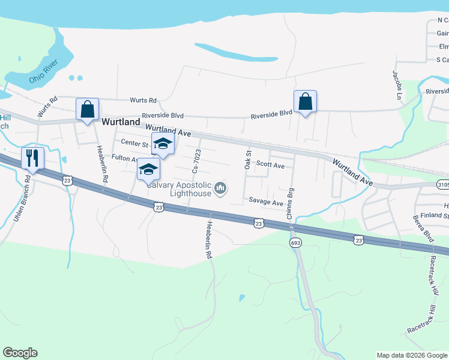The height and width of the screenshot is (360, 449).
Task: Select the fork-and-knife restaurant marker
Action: (31, 159)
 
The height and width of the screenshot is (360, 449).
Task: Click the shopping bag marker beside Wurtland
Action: (88, 110)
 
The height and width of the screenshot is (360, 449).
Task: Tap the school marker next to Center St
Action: (163, 144)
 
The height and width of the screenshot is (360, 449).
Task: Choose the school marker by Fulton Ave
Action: (148, 169)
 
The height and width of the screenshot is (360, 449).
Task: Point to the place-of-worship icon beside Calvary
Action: (221, 189)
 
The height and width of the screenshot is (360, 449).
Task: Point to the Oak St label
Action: (247, 160)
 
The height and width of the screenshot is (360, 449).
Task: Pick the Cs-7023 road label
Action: (196, 161)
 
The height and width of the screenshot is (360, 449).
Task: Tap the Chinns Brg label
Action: (291, 205)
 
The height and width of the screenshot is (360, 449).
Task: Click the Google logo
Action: (20, 353)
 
